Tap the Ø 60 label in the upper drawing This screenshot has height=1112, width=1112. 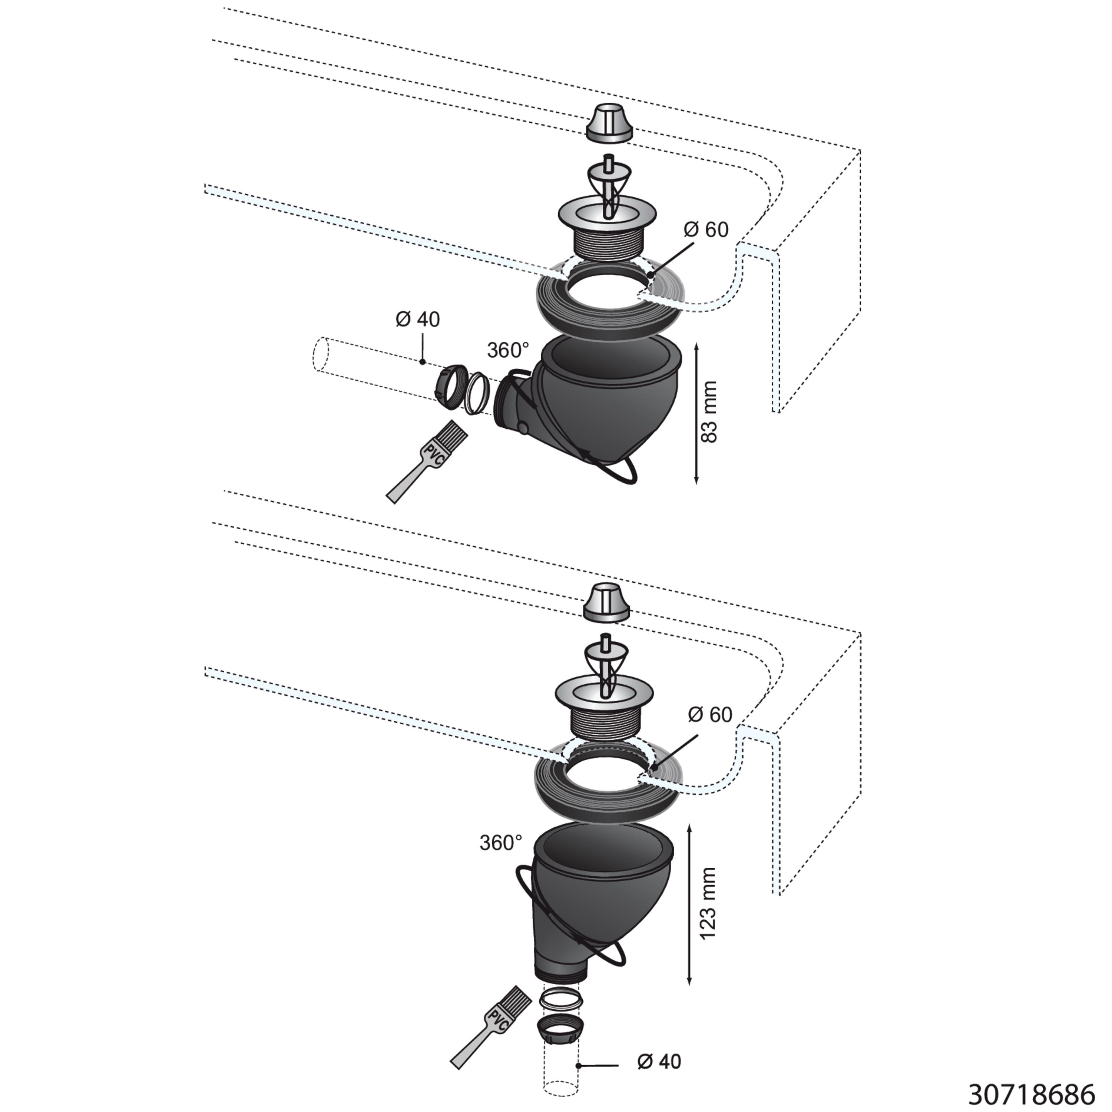[x=706, y=230]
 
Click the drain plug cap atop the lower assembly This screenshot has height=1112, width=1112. [x=607, y=602]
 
